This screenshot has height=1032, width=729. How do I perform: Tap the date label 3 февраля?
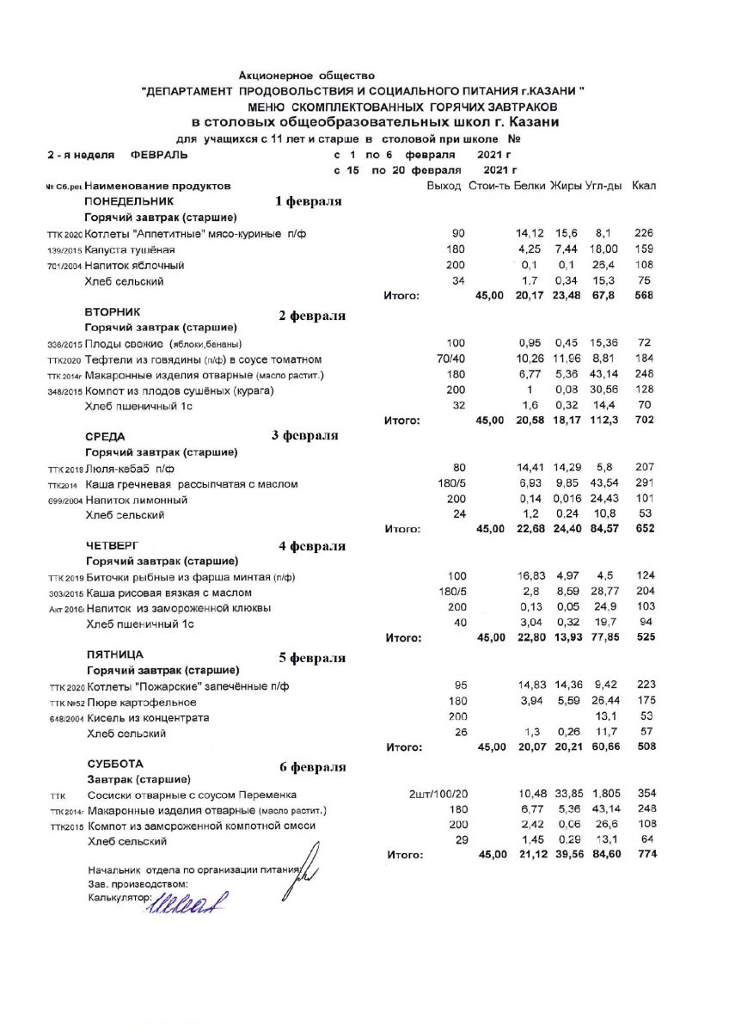click(x=304, y=435)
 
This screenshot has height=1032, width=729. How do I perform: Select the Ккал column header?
click(x=644, y=186)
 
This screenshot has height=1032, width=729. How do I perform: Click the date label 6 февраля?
click(x=313, y=767)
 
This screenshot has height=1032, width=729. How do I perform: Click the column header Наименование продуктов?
click(x=157, y=186)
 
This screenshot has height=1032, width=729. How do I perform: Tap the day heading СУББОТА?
click(x=115, y=764)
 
